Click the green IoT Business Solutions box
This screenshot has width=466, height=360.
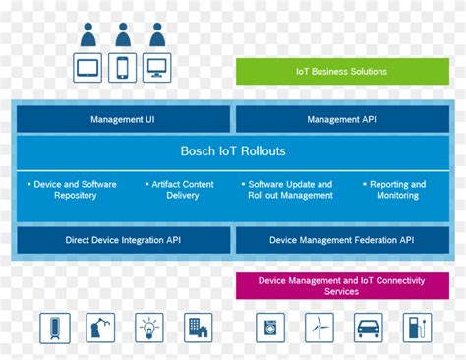tap(341, 71)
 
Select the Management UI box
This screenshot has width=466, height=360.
tap(123, 119)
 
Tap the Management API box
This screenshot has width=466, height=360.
tap(340, 119)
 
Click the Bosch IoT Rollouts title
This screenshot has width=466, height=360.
tap(232, 151)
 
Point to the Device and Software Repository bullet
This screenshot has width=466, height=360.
tap(74, 190)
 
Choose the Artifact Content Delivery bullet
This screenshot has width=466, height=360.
tap(182, 190)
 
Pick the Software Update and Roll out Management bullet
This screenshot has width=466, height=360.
tap(290, 190)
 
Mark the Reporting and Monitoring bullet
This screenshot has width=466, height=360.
tap(396, 190)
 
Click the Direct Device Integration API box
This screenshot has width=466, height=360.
tap(123, 240)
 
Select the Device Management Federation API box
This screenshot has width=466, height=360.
tap(340, 240)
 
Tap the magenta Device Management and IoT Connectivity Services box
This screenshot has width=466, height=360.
tap(341, 286)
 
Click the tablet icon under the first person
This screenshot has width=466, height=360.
tap(88, 67)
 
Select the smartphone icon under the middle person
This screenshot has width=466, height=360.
tap(123, 67)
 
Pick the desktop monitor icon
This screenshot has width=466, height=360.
tap(157, 67)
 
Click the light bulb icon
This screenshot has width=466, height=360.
tap(149, 328)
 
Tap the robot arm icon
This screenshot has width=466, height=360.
tap(101, 328)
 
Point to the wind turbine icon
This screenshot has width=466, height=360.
tap(320, 328)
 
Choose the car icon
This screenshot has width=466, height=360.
tap(369, 328)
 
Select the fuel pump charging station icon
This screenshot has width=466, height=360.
tap(417, 328)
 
